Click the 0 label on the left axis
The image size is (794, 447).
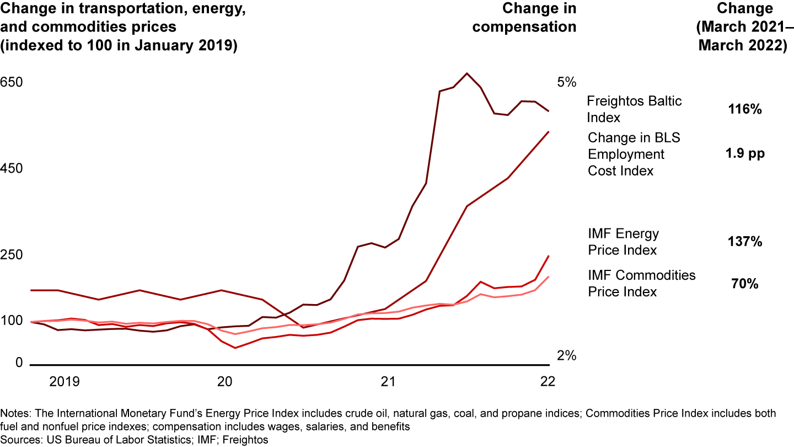tap(4, 363)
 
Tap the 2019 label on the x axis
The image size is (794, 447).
tap(65, 382)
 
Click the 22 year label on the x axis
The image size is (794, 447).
tap(548, 382)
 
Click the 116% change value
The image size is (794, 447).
tap(745, 109)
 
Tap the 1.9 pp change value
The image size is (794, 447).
tap(746, 154)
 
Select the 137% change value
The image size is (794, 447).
tap(745, 242)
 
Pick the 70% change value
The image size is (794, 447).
tap(745, 284)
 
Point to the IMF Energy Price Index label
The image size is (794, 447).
tap(623, 242)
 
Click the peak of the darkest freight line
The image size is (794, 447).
tap(467, 73)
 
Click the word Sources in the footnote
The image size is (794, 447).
tap(20, 440)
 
